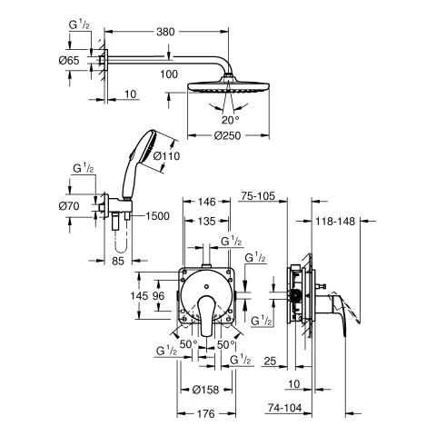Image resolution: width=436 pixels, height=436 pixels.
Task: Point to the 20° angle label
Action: pos(206,119)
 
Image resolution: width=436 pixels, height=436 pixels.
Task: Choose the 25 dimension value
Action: pos(270,361)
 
